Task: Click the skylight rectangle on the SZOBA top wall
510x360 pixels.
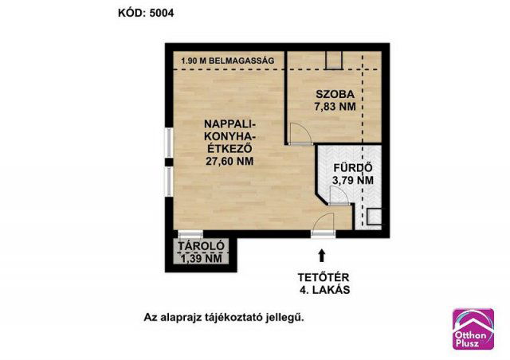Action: [x=334, y=58]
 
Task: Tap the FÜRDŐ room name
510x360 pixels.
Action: [x=352, y=168]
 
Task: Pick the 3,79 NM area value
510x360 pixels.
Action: [x=352, y=181]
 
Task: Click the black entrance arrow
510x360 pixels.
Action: [x=321, y=255]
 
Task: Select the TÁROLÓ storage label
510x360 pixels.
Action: [x=201, y=246]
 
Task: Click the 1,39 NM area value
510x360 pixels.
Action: [x=201, y=258]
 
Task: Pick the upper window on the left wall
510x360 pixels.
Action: [x=167, y=139]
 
